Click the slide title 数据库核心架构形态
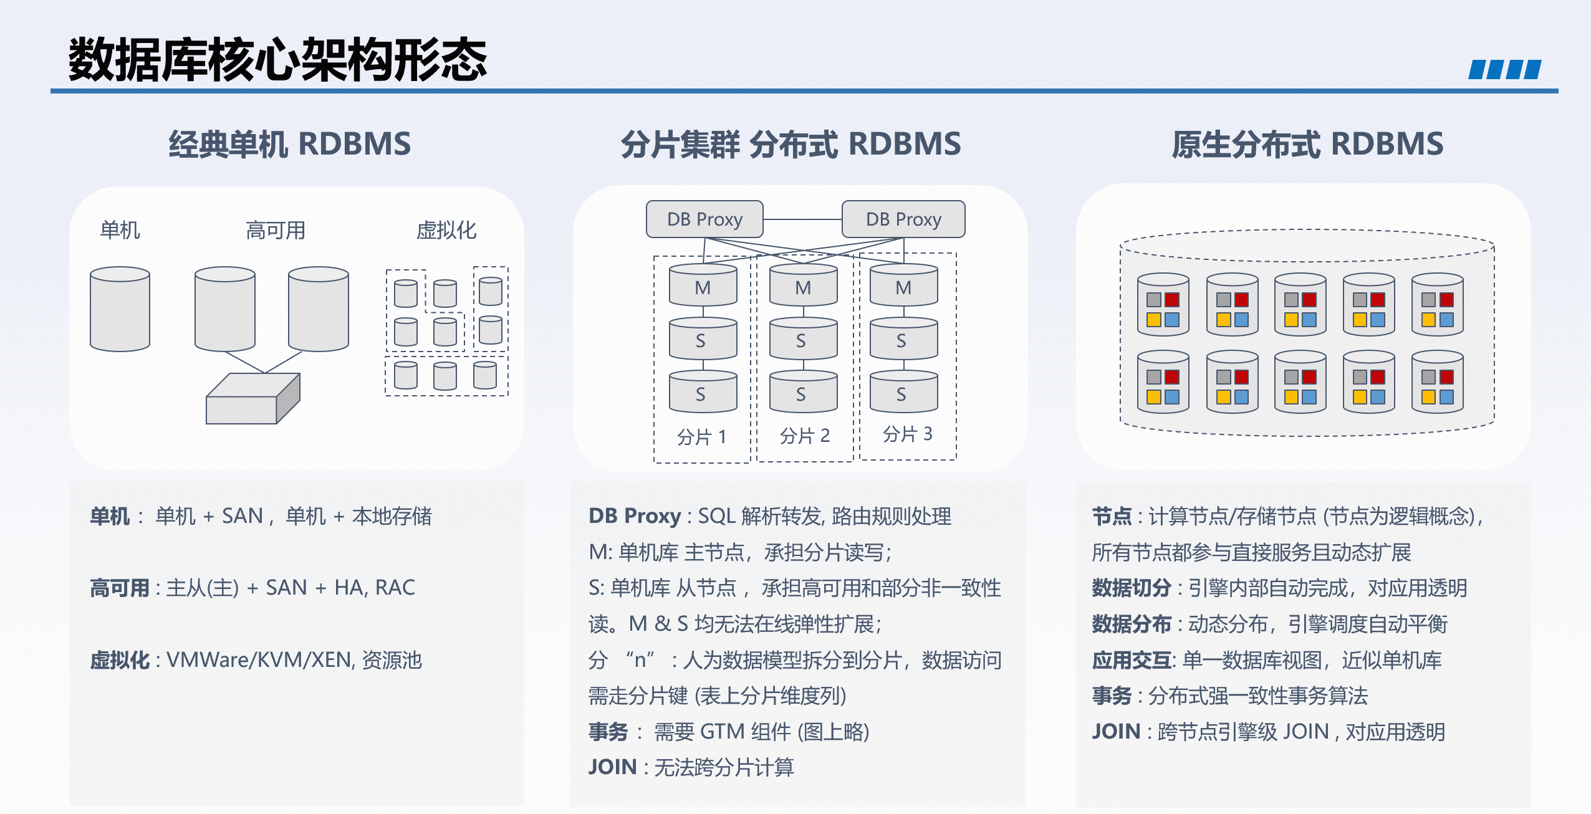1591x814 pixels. [277, 59]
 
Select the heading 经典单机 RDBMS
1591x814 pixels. [290, 144]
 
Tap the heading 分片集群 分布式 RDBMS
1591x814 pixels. [791, 144]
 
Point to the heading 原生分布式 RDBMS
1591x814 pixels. [1307, 144]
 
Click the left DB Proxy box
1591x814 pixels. [704, 219]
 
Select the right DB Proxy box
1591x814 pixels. [903, 219]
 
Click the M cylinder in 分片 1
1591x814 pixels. [703, 285]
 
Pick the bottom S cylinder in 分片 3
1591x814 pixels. [904, 391]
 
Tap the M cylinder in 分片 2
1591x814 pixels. [804, 285]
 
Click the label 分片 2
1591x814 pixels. [805, 436]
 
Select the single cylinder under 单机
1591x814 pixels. [120, 309]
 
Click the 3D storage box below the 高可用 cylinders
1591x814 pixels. [253, 399]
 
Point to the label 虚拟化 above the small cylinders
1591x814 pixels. [446, 231]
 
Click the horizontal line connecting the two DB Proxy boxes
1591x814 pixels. [802, 219]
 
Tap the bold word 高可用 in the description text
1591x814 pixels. [120, 588]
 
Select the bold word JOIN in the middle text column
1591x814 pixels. [613, 767]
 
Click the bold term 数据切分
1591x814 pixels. [1132, 588]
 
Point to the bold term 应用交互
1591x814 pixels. [1132, 660]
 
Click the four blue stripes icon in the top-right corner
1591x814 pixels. [1505, 69]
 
